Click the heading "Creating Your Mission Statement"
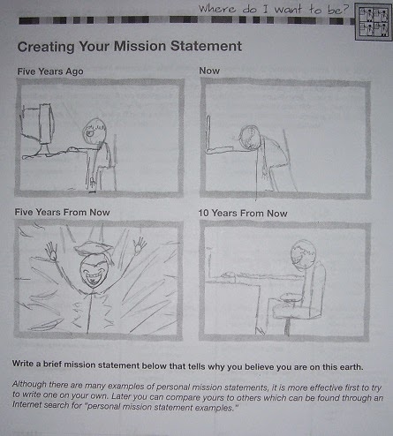(x=130, y=47)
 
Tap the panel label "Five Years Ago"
(x=50, y=71)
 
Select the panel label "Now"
(x=209, y=71)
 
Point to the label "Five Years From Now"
(x=62, y=212)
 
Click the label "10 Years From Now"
(x=243, y=213)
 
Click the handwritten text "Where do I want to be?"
(x=273, y=9)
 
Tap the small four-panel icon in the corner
(x=374, y=22)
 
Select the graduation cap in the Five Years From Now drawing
(x=94, y=248)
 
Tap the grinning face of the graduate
(x=93, y=272)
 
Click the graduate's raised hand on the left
(x=51, y=251)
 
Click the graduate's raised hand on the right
(x=139, y=245)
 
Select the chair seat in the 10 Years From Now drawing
(x=297, y=312)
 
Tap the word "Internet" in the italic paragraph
(x=26, y=404)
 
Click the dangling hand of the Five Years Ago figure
(x=93, y=183)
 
